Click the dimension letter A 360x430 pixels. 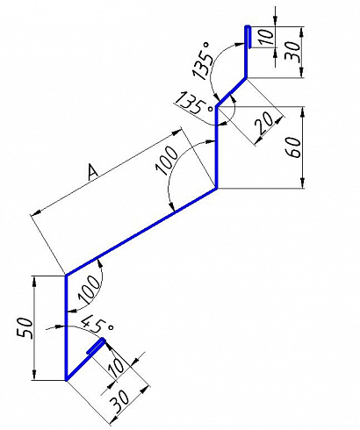92,171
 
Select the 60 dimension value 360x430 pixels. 294,147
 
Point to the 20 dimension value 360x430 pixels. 265,125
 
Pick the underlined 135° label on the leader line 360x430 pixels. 194,103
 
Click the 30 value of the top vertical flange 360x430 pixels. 292,52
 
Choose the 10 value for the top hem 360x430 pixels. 267,36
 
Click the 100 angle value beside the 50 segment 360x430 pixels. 89,289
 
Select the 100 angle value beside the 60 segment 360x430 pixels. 167,161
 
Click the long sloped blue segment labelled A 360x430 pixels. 141,232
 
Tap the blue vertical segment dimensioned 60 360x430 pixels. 217,147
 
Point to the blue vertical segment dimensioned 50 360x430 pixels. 67,327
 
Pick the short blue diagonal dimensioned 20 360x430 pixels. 231,92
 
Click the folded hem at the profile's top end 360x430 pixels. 248,37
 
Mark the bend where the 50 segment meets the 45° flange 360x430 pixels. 67,379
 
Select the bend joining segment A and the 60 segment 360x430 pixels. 217,189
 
